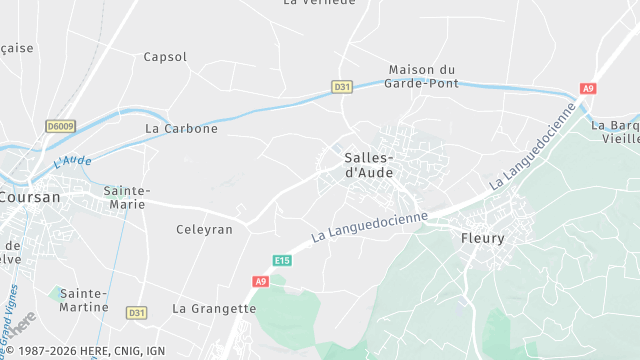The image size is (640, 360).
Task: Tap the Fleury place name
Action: [x=482, y=238]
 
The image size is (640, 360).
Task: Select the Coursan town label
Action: [x=30, y=197]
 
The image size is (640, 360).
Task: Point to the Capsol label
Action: [x=165, y=57]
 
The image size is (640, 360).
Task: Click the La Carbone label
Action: [x=181, y=129]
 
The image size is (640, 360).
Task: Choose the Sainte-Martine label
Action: [x=84, y=300]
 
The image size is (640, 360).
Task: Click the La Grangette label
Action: [x=214, y=308]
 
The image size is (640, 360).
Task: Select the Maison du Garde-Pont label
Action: [x=422, y=76]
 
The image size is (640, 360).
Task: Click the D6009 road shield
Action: [x=60, y=126]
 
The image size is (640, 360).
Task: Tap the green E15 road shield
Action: [x=283, y=261]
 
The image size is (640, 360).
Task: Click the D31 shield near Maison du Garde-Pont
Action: [x=342, y=87]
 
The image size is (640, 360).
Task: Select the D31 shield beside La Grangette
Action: [x=137, y=313]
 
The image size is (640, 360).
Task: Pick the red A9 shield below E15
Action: [x=261, y=282]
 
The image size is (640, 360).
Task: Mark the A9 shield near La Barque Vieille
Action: [x=587, y=88]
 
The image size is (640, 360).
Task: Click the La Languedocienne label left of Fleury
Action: [x=369, y=225]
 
